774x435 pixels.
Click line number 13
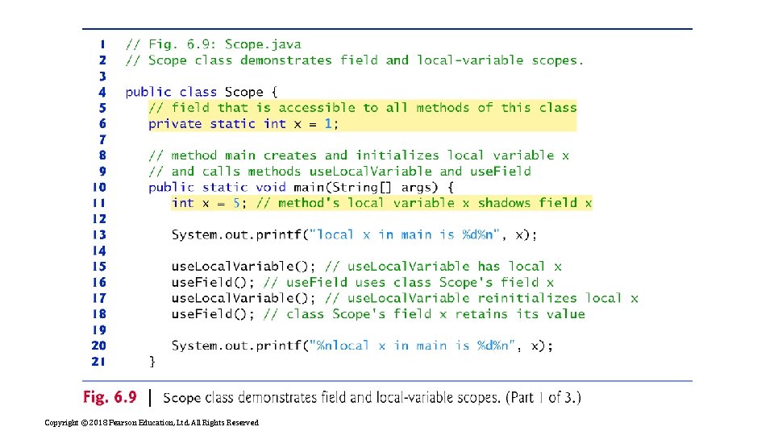(99, 234)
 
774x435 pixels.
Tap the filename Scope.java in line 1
(263, 44)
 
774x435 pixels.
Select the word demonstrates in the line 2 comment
(285, 60)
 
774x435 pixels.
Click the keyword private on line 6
(175, 124)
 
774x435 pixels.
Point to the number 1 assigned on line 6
(328, 123)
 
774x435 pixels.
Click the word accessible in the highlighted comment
(317, 107)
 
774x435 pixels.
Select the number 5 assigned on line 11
(237, 203)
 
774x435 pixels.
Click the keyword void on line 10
(271, 187)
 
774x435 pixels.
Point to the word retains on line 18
(481, 314)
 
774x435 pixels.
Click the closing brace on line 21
(152, 362)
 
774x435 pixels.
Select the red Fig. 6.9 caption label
(110, 397)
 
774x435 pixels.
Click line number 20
(98, 346)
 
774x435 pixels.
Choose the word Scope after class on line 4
(243, 92)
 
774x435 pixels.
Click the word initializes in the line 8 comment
(397, 155)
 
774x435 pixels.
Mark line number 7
(102, 139)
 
